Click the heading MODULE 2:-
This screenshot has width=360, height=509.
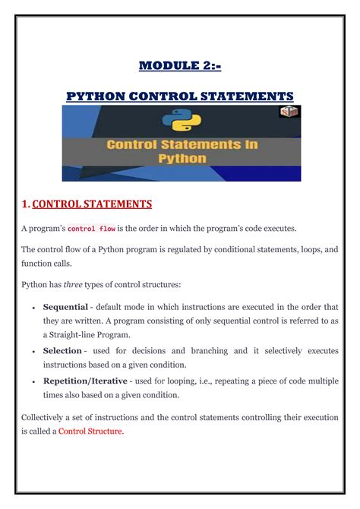tap(180, 66)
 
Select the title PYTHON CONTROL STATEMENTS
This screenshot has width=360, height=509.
tap(180, 96)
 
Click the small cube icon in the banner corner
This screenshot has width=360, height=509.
tap(290, 113)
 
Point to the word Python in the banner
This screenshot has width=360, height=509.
tap(182, 159)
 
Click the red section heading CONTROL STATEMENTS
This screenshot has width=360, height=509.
tap(92, 204)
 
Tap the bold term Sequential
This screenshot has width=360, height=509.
tap(65, 306)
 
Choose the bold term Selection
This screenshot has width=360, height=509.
tap(62, 350)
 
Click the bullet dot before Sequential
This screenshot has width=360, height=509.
tap(33, 307)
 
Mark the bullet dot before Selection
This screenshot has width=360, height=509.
tap(33, 351)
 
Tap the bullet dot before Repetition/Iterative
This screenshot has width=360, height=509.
tap(33, 381)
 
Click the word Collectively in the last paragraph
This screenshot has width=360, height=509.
tap(43, 417)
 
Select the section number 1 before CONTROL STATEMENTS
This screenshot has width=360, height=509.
tap(25, 204)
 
